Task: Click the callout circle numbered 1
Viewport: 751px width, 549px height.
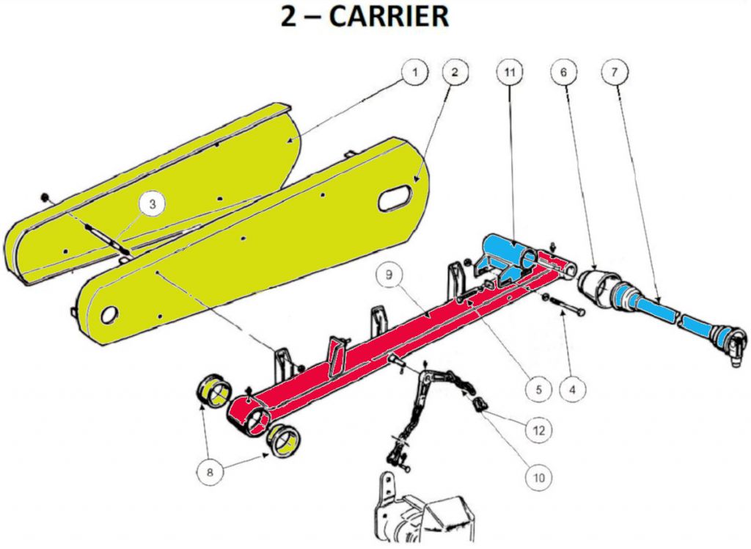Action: (414, 72)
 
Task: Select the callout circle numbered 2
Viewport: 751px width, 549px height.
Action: (455, 72)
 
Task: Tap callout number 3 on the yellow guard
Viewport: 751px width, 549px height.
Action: (152, 205)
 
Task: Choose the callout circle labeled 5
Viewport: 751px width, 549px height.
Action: (538, 388)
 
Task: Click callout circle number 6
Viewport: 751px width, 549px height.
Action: (563, 72)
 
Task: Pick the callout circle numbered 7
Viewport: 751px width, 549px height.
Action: (613, 72)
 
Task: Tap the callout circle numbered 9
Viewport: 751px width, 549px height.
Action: (388, 276)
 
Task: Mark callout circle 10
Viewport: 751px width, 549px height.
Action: (539, 478)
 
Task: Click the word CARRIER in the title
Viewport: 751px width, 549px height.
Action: (389, 17)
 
